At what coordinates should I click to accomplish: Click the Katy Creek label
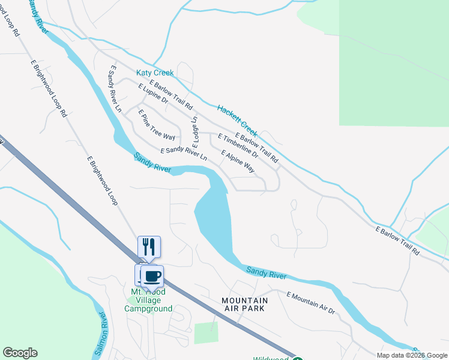point(155,73)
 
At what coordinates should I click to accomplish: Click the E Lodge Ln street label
point(194,131)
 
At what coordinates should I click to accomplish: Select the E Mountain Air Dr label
point(310,302)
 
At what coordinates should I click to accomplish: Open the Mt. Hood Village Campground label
point(148,300)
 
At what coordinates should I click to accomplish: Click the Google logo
point(20,353)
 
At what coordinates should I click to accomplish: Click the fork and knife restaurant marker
point(149,246)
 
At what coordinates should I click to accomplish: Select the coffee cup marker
point(152,276)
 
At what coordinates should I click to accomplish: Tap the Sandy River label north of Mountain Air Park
point(266,272)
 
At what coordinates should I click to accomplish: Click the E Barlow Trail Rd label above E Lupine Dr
point(170,95)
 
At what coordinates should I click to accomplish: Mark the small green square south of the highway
point(206,333)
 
